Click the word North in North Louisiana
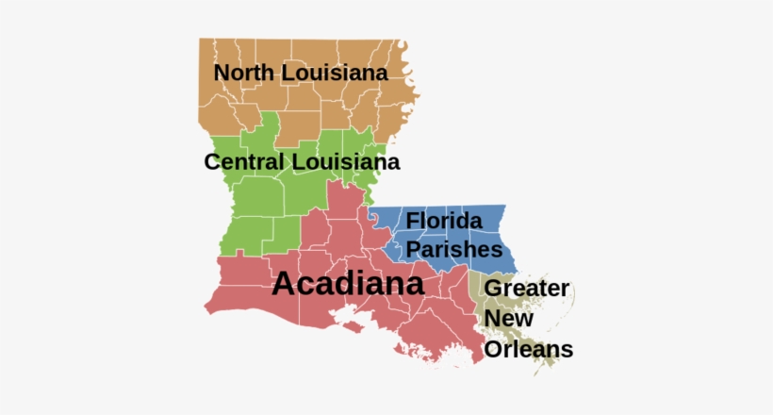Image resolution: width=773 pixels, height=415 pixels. (x=244, y=73)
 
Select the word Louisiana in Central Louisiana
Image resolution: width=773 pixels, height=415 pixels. (x=345, y=162)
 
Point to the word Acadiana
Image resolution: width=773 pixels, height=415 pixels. (x=348, y=284)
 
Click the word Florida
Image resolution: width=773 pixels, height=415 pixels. (x=444, y=222)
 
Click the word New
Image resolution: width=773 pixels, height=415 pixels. (x=505, y=319)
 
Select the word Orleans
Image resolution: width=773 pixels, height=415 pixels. (x=528, y=349)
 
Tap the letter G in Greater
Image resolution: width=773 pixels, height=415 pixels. (x=493, y=289)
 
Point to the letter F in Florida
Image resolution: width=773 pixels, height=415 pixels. (x=412, y=222)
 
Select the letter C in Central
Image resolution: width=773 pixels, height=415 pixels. (x=212, y=162)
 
